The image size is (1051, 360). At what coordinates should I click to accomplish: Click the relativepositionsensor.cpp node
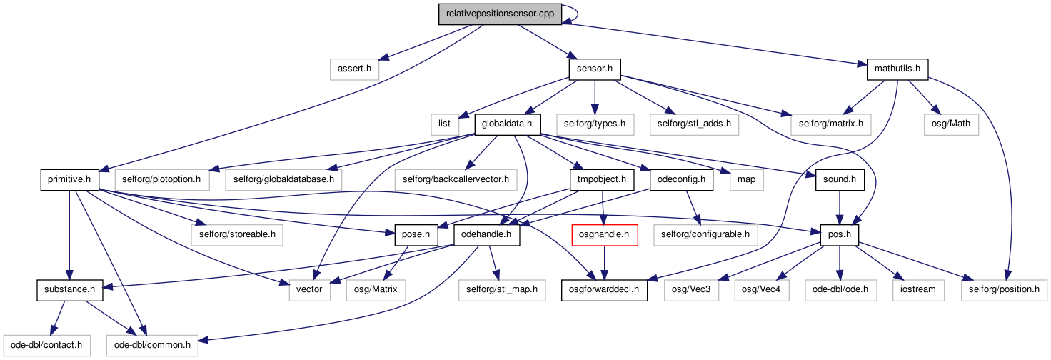tap(500, 14)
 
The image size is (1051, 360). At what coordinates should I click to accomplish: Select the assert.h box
tap(354, 69)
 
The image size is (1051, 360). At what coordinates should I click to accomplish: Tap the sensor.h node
tap(595, 69)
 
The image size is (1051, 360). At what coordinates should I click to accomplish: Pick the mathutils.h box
tap(897, 69)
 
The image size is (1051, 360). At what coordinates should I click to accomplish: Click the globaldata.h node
tap(507, 124)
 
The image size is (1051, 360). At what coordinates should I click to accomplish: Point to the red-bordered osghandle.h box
tap(604, 235)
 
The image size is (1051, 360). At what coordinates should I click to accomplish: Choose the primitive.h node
tap(69, 180)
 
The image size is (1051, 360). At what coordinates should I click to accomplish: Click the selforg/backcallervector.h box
tap(456, 180)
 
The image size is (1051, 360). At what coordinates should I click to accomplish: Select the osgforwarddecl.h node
tap(604, 290)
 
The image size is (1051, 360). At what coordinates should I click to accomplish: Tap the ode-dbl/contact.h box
tap(46, 346)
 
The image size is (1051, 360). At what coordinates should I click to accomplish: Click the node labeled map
tap(747, 180)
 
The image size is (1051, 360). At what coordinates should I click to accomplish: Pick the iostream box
tap(918, 290)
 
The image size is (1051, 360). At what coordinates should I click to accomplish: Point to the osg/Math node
tap(951, 124)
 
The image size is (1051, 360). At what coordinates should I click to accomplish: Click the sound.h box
tap(840, 180)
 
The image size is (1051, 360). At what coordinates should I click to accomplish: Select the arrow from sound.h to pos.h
tap(840, 207)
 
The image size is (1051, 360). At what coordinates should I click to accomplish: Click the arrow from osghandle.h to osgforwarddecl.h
tap(604, 263)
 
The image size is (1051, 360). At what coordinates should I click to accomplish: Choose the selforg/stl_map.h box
tap(502, 290)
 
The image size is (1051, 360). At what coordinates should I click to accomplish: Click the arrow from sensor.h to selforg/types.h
tap(595, 97)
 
